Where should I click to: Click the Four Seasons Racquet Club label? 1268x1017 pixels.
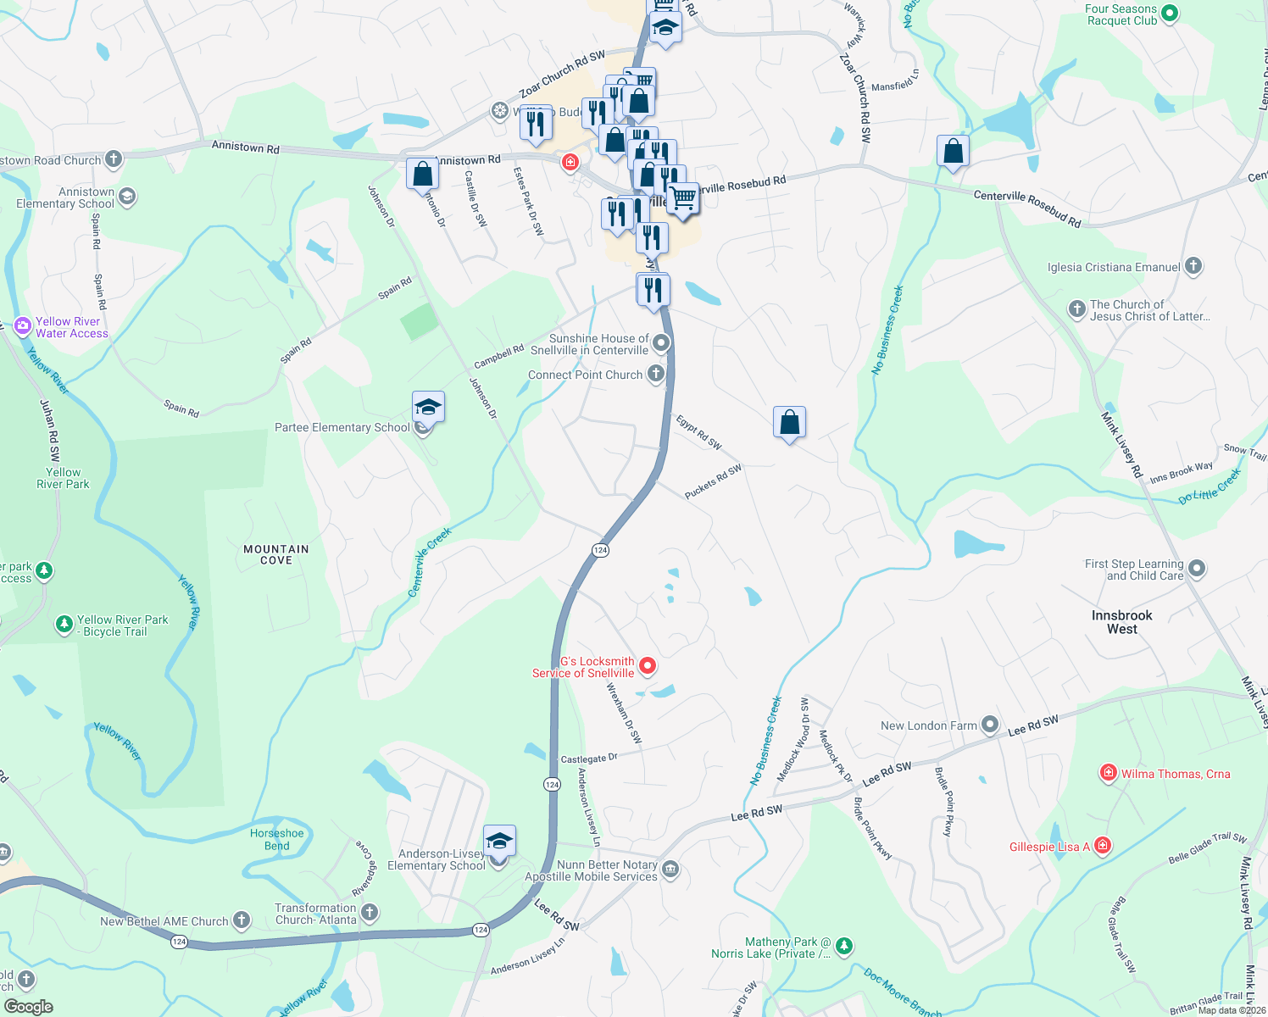pos(1121,14)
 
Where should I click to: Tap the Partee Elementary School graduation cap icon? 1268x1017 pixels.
pos(428,408)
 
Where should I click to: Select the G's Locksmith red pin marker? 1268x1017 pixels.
pos(648,666)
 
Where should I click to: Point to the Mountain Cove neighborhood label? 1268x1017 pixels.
pos(276,554)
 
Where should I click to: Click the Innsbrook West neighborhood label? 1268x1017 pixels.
pos(1121,622)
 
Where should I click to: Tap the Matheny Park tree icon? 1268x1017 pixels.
pos(843,945)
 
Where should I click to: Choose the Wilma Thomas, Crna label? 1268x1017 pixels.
pos(1175,774)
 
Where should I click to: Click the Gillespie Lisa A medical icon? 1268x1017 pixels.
pos(1103,845)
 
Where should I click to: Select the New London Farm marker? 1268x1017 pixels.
pos(989,725)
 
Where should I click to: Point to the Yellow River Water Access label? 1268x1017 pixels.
pos(72,327)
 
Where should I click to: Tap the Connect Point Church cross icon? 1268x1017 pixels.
pos(655,374)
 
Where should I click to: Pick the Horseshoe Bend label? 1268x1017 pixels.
pos(276,839)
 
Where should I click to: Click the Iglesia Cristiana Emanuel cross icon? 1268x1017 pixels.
pos(1193,266)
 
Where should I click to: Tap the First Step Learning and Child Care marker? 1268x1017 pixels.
pos(1196,568)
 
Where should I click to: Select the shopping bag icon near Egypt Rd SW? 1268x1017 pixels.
pos(789,422)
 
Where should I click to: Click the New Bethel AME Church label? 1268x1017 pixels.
pos(164,921)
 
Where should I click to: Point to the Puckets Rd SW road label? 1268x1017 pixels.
pos(713,481)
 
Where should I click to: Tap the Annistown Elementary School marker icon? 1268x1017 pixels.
pos(127,197)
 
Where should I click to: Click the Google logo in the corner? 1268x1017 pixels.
pos(28,1006)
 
